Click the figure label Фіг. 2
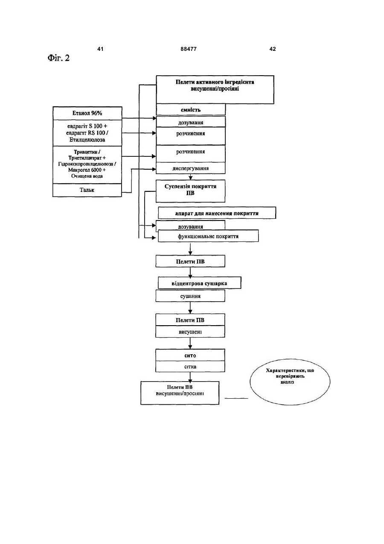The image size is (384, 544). [x=58, y=58]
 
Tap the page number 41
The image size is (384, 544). [x=100, y=49]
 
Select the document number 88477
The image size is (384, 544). [x=189, y=49]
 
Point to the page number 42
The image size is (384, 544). [x=273, y=49]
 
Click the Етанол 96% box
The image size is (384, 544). [x=87, y=113]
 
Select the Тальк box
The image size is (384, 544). [x=87, y=190]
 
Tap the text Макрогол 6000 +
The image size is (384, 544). [x=87, y=170]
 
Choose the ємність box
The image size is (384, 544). [x=191, y=109]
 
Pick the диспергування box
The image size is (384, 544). [x=191, y=168]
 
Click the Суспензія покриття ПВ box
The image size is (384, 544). [x=190, y=191]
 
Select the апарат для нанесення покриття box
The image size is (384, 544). [x=217, y=213]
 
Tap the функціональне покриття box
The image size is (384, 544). [x=208, y=236]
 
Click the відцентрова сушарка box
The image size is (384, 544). [x=200, y=283]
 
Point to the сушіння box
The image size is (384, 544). [x=190, y=296]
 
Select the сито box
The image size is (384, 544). [x=190, y=355]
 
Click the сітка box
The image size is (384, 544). [x=190, y=367]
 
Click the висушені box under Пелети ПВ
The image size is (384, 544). [x=190, y=332]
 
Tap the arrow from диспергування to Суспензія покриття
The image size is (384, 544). [x=191, y=177]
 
